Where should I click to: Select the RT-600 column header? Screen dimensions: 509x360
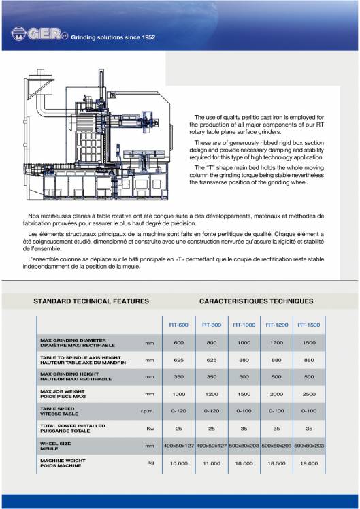pos(179,325)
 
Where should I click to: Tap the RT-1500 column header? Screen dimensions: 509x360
pos(309,325)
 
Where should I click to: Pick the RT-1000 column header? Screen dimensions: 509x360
pos(244,325)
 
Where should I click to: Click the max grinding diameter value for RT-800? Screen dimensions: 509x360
pos(212,342)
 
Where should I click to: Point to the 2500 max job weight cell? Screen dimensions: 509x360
pos(309,394)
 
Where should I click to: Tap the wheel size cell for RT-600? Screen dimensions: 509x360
pos(179,445)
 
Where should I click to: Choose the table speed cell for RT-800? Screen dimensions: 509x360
pos(212,411)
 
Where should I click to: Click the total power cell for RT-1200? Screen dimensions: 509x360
pos(276,428)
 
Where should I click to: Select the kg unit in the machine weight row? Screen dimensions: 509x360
pos(151,463)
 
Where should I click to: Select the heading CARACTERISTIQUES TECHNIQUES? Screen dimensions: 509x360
pos(256,300)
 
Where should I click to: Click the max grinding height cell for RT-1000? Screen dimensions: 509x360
pos(244,376)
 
